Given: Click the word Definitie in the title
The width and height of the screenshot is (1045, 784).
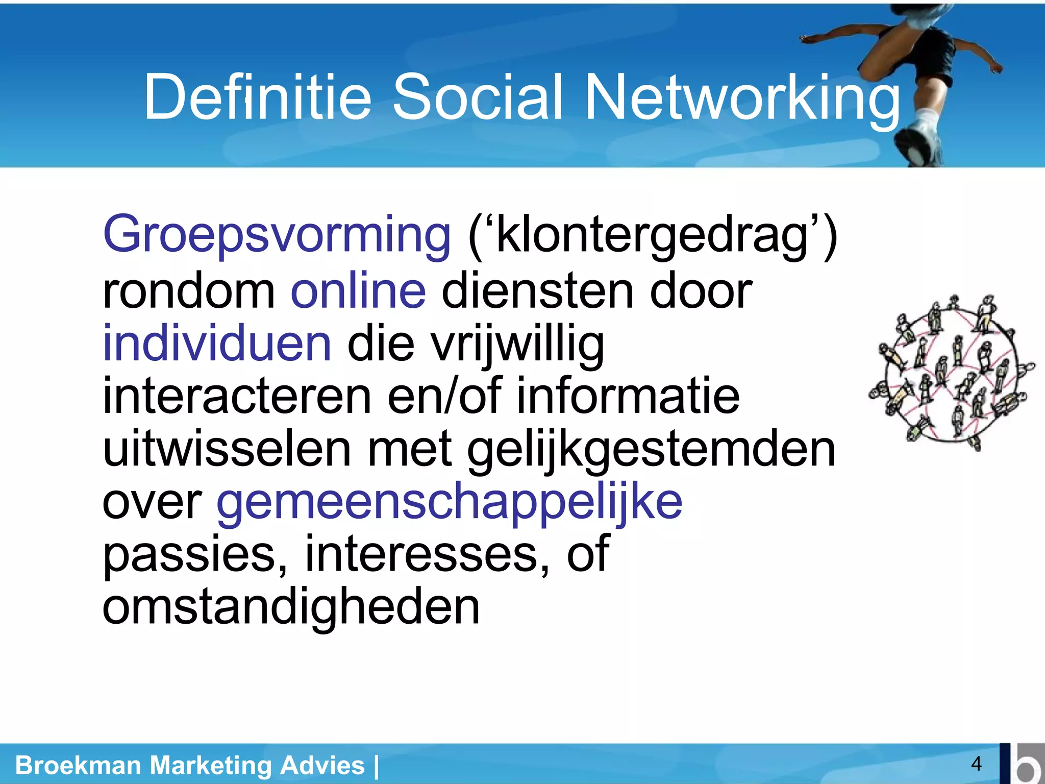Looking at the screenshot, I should (x=258, y=97).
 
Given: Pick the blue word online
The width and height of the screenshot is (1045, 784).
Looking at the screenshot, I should (x=358, y=291).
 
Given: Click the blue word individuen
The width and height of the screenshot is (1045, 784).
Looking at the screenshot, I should (x=217, y=344).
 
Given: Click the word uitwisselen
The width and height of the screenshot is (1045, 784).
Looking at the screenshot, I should (x=227, y=449).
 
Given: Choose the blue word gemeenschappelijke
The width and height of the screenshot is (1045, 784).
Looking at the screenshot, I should (x=449, y=503).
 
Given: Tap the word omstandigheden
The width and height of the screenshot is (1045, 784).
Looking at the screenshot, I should (x=291, y=607).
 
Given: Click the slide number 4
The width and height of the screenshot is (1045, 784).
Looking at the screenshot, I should (x=976, y=764).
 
